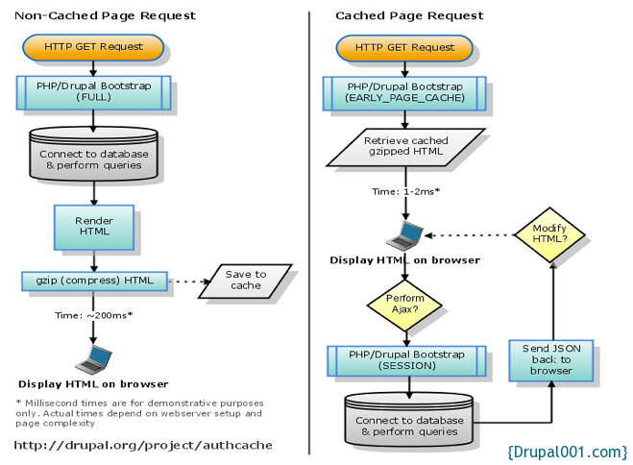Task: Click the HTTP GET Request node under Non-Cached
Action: pyautogui.click(x=93, y=46)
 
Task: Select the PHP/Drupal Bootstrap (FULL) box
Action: pyautogui.click(x=93, y=92)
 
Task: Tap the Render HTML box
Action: pyautogui.click(x=93, y=227)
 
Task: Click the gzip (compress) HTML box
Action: pyautogui.click(x=93, y=280)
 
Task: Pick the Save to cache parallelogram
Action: pyautogui.click(x=246, y=280)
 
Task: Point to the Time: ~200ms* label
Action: pyautogui.click(x=93, y=315)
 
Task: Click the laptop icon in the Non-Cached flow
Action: pyautogui.click(x=93, y=358)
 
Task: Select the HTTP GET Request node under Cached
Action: pyautogui.click(x=404, y=46)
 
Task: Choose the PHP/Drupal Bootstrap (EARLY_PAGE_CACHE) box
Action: pyautogui.click(x=404, y=92)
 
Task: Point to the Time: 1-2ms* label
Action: pyautogui.click(x=405, y=192)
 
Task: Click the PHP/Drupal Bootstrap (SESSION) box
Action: pyautogui.click(x=404, y=360)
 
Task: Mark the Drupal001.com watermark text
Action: pyautogui.click(x=567, y=451)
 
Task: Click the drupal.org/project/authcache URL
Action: pyautogui.click(x=143, y=445)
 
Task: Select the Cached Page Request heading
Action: pyautogui.click(x=409, y=16)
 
